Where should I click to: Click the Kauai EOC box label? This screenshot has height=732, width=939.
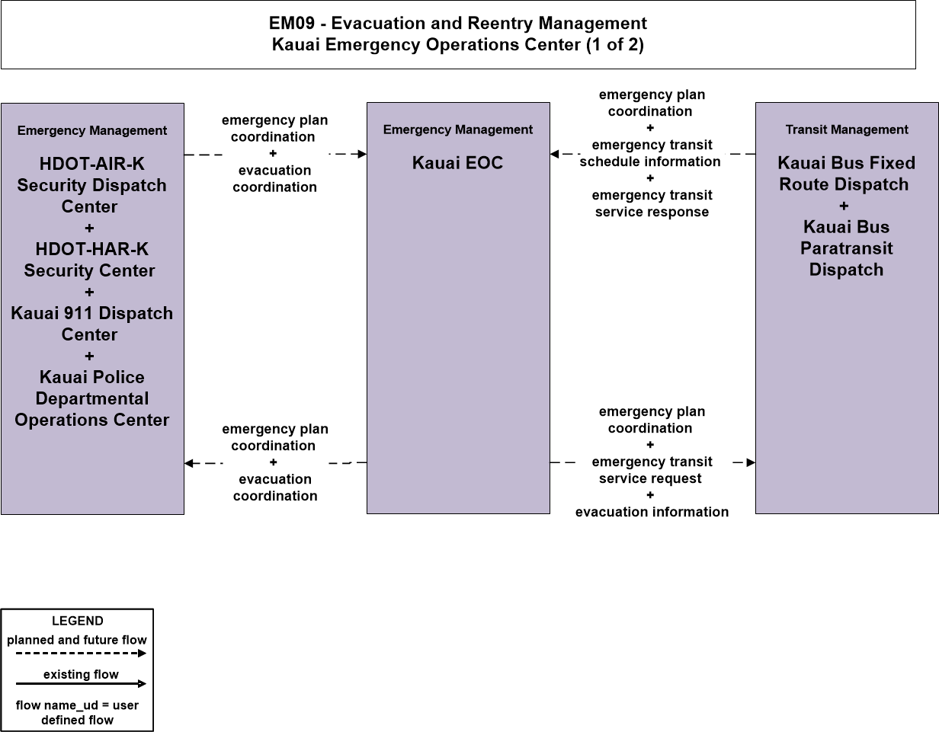457,163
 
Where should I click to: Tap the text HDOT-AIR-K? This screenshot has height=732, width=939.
92,164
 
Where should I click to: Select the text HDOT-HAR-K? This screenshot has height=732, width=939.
92,249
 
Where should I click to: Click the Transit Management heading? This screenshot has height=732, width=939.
847,129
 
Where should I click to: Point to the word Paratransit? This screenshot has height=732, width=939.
846,248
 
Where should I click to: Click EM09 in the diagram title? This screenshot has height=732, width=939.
292,24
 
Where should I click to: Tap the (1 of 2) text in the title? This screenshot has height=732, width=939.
615,44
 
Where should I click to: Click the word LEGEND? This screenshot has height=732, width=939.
77,621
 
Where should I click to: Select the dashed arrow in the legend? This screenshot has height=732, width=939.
82,653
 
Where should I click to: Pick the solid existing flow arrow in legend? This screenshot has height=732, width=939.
82,684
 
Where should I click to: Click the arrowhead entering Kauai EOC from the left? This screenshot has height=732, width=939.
363,154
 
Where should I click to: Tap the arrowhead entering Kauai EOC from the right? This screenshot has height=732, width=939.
554,154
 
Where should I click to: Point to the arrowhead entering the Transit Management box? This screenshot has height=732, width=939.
751,462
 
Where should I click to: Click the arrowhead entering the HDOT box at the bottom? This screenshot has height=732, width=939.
189,463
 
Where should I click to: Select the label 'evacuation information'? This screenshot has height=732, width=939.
652,512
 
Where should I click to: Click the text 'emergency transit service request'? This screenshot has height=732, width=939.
652,470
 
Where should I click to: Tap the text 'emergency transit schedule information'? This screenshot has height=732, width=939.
650,153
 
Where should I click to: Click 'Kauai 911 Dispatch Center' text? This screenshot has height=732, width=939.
91,324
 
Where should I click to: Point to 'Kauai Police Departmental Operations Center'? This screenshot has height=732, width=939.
92,398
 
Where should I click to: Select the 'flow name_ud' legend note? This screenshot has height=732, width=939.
77,712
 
